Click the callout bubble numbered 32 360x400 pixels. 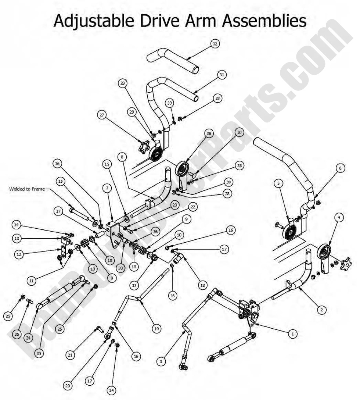pos(215,44)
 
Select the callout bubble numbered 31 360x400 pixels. pos(221,75)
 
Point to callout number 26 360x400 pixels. pos(209,133)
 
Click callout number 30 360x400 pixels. pos(239,133)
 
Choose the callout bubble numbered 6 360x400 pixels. pos(340,168)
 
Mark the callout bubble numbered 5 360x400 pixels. pos(278,183)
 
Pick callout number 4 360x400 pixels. pos(339,218)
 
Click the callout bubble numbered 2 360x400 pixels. pos(321,310)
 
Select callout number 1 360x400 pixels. pos(293,334)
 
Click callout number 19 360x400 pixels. pos(157,329)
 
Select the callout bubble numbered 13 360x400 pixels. pos(16,239)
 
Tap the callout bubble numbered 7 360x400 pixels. pos(107,188)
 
